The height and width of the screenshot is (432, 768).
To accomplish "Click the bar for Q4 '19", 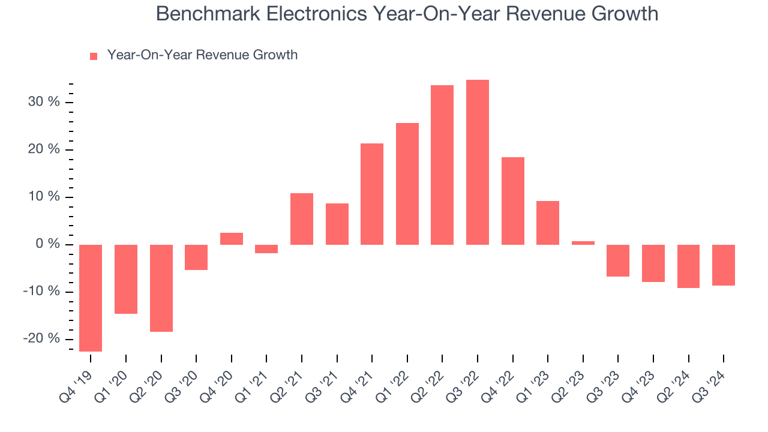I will (x=91, y=298).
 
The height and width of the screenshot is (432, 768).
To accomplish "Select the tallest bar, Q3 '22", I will (x=477, y=162).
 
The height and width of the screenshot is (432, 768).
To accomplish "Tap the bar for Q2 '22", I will (x=442, y=165).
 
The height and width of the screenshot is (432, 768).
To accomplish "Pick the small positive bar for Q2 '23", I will (x=583, y=243).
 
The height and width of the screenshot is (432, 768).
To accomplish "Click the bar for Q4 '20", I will (x=231, y=239).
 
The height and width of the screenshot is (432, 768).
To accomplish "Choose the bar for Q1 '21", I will (x=266, y=249).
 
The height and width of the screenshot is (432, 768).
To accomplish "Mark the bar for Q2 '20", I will (x=161, y=288).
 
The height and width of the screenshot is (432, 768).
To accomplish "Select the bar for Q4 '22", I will (x=512, y=201).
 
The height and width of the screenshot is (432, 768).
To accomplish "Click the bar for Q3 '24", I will (x=723, y=265).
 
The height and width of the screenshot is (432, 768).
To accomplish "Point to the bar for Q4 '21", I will (x=372, y=194).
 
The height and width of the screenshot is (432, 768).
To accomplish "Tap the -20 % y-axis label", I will (x=42, y=338).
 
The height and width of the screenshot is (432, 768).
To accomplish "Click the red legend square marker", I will (x=94, y=56).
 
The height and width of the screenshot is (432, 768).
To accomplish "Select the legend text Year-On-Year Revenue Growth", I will (x=202, y=55).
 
